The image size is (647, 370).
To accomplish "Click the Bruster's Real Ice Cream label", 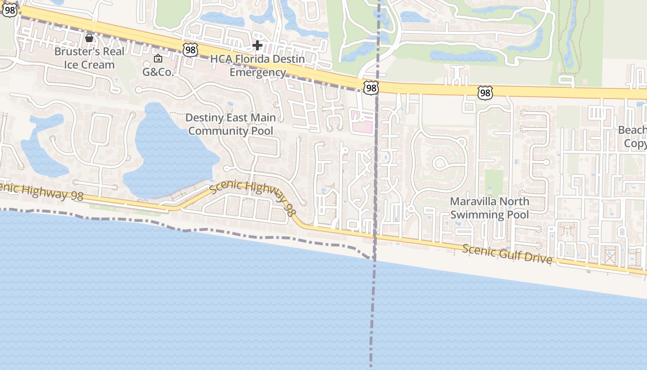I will tap(89, 58).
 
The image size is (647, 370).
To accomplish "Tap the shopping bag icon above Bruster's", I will tap(89, 38).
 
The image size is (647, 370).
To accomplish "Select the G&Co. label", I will tap(158, 72).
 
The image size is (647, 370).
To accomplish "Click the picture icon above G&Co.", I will tap(158, 58).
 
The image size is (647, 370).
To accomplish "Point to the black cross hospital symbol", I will tap(257, 45).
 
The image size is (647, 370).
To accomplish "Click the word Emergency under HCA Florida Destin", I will tap(257, 72).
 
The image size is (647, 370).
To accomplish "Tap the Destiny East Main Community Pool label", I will tap(230, 124).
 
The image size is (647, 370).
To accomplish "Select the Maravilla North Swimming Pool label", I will tap(489, 208).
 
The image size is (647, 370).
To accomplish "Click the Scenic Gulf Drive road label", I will tap(507, 254).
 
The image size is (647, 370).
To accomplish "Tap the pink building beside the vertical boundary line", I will tap(361, 122).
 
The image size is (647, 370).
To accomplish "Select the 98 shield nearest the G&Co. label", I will tap(190, 50).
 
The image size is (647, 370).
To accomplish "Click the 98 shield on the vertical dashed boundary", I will tap(371, 87).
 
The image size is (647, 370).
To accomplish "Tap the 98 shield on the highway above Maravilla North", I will tap(485, 93).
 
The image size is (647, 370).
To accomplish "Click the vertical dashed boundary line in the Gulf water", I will tap(372, 314).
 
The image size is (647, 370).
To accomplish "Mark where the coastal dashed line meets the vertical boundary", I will tap(373, 257).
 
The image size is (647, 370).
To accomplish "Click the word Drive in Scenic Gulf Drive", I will tap(537, 258).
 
